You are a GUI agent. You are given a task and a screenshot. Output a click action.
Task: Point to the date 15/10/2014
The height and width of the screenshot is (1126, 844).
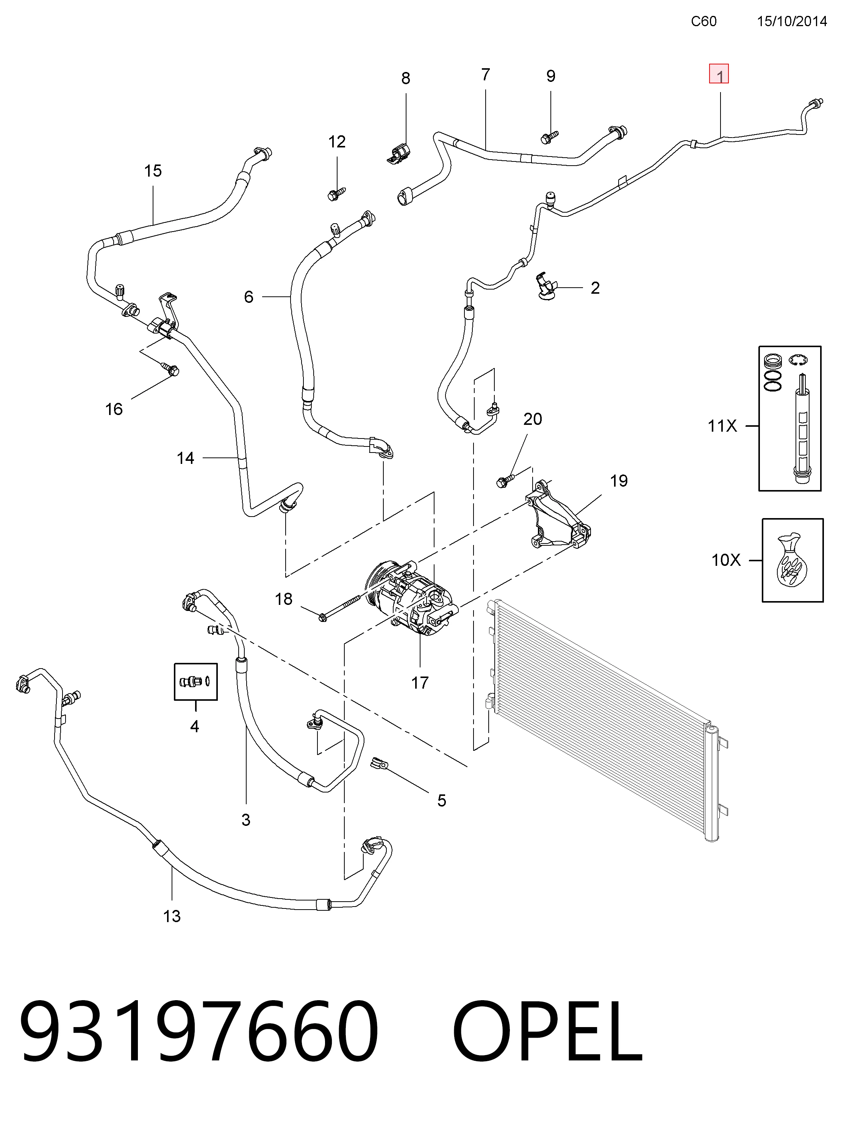(792, 21)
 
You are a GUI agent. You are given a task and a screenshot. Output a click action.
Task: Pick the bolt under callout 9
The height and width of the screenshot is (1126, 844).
(549, 136)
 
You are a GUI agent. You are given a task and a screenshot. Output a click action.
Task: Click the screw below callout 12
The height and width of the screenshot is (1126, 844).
(336, 193)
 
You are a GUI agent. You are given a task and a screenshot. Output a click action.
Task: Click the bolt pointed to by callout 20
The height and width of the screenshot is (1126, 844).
(505, 480)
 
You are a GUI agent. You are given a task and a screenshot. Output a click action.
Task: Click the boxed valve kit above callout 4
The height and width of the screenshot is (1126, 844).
(196, 681)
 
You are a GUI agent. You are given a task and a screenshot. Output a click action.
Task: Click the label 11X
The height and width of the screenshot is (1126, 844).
(722, 426)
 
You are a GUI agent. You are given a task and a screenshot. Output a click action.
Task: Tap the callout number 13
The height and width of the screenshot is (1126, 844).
(172, 916)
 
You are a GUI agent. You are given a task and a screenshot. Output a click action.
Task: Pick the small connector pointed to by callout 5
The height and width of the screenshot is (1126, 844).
(380, 763)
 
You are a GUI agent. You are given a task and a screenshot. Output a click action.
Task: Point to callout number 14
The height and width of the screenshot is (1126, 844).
(185, 458)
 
